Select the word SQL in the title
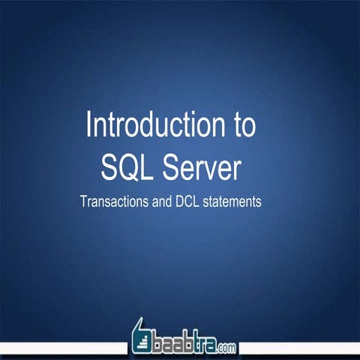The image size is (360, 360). click(125, 167)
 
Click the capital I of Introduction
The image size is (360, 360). click(90, 125)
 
